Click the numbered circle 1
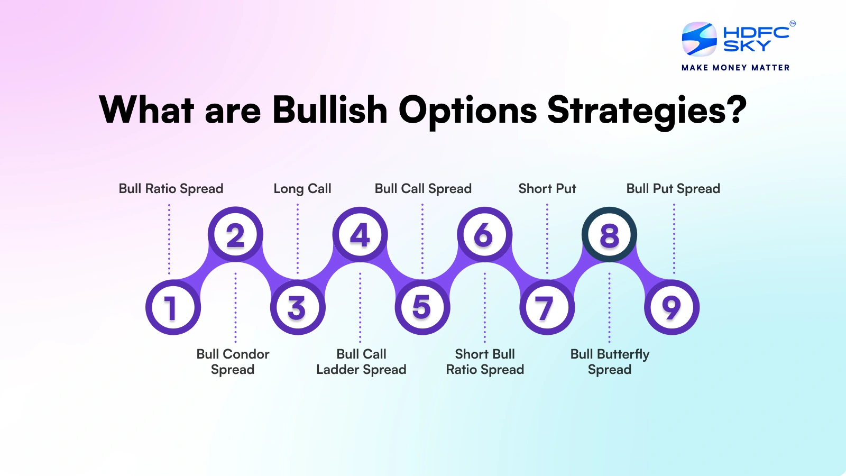(x=173, y=307)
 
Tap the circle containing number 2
(x=235, y=234)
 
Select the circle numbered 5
(x=422, y=307)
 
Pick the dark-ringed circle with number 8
(x=609, y=234)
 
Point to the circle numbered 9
(x=672, y=307)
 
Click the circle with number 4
(x=360, y=234)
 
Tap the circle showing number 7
(x=547, y=307)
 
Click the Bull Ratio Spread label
(x=171, y=189)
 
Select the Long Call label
(x=302, y=189)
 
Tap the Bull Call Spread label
(x=423, y=189)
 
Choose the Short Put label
(x=547, y=189)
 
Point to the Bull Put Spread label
(x=673, y=189)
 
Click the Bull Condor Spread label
(x=233, y=362)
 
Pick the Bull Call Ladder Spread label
(x=361, y=362)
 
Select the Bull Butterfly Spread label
(x=610, y=362)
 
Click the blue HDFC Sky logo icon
(x=699, y=39)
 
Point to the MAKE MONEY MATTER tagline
(x=735, y=68)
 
